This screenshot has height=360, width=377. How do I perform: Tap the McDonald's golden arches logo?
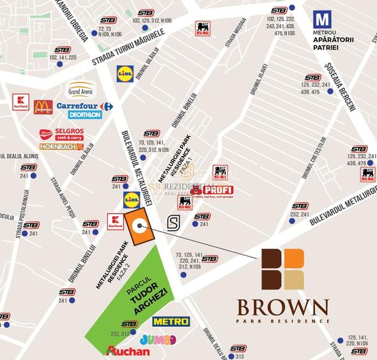coord(43,106)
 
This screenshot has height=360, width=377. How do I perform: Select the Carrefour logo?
coord(84,106)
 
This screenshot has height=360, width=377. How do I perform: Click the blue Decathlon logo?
coord(84,115)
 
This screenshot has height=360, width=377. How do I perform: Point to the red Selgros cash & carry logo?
coord(61,134)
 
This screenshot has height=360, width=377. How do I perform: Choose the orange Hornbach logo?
coord(61,146)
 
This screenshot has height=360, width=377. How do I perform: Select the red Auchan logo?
coord(128,350)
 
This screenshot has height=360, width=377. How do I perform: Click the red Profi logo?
coord(213,190)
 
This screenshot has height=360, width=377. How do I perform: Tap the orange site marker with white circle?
coord(139,227)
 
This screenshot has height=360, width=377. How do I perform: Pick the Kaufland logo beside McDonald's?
coord(21,102)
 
